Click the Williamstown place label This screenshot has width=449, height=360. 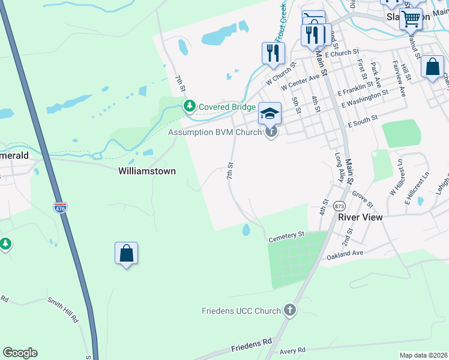[147, 171]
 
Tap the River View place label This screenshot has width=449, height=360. [360, 217]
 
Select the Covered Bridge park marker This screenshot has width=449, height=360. [190, 106]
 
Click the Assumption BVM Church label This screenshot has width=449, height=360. [214, 132]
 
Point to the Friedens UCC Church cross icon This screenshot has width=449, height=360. [290, 310]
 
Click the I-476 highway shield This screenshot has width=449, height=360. [60, 207]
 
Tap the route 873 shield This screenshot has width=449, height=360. [340, 205]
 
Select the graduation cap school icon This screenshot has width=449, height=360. [270, 113]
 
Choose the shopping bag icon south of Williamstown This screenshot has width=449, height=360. [127, 254]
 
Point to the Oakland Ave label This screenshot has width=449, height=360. [345, 254]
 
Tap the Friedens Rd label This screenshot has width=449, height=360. [252, 344]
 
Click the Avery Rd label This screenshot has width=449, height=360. [292, 350]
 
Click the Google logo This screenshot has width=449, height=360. [20, 353]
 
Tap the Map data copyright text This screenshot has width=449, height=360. [423, 355]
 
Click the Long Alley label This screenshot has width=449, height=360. [340, 163]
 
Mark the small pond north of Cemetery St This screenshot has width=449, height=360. [246, 230]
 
